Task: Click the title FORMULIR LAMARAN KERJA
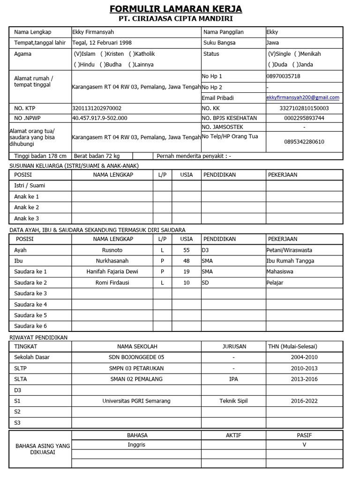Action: pos(176,9)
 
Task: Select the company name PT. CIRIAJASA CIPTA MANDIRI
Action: pos(176,19)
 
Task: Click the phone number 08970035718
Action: pos(283,76)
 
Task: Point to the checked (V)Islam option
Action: pos(84,54)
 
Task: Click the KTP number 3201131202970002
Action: pos(97,108)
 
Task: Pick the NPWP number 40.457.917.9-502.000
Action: pos(99,118)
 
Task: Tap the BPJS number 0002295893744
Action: pos(304,118)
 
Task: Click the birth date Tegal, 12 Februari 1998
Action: pos(102,43)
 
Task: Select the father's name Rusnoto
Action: pos(112,250)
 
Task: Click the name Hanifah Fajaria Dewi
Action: pos(112,271)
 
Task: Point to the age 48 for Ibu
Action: pos(187,261)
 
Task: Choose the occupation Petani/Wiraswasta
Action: pos(289,250)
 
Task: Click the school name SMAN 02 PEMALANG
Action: pos(136,379)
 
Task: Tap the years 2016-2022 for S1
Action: pos(304,401)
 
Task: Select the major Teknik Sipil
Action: pos(233,401)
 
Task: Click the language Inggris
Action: pos(136,444)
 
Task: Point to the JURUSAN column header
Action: pos(234,346)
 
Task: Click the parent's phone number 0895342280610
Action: pos(304,142)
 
